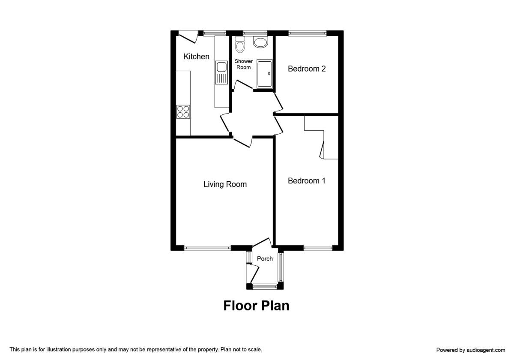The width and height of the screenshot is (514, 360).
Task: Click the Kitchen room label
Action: (196, 57)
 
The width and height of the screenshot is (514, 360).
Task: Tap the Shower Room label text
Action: (243, 64)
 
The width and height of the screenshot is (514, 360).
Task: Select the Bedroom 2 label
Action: (307, 69)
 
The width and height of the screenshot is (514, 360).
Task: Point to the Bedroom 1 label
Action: (307, 181)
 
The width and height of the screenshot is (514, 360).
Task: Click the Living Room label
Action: (225, 184)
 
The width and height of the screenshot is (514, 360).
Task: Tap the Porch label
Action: (265, 258)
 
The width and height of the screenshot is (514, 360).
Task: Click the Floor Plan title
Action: (256, 306)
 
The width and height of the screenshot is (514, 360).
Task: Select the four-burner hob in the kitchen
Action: (183, 111)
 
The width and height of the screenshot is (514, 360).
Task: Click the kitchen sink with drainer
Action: (221, 73)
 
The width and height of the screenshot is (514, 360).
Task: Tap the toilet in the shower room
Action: (240, 45)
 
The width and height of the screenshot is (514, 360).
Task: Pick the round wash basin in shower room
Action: (260, 42)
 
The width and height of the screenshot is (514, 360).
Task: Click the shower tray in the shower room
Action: (264, 74)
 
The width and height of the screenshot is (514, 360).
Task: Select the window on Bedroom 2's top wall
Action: (307, 33)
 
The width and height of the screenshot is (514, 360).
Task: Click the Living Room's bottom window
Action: (207, 247)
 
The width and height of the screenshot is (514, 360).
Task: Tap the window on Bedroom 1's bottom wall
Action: (318, 247)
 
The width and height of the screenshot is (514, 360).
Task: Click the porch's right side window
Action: (281, 267)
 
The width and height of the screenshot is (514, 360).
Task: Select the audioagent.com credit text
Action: (470, 350)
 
